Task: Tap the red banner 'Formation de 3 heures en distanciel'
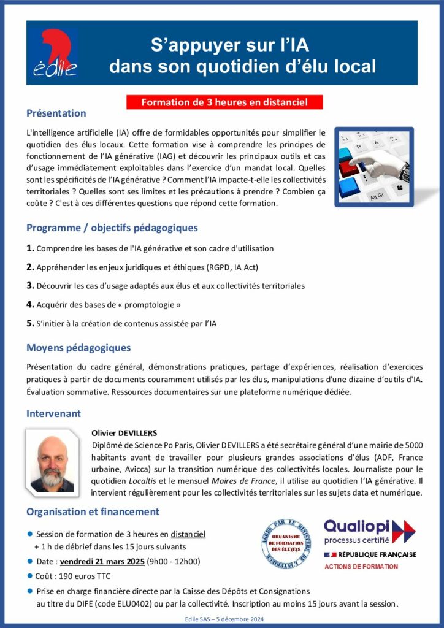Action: (224, 102)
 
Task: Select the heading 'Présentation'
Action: (56, 113)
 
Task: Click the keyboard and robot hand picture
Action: (374, 167)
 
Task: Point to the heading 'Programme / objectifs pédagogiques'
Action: (112, 228)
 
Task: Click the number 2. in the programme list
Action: (30, 267)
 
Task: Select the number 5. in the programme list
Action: (30, 323)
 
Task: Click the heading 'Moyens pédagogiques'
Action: (78, 348)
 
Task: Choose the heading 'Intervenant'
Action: (53, 414)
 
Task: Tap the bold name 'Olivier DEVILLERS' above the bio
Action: (124, 433)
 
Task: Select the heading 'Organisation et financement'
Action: (93, 511)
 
